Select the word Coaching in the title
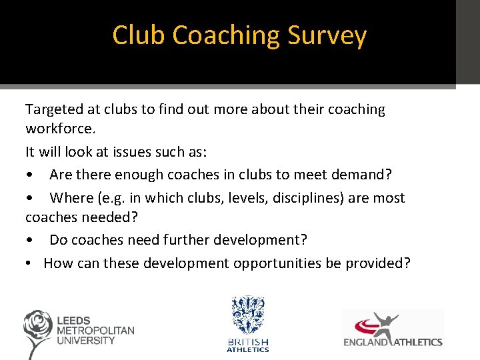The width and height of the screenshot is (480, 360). click(x=225, y=35)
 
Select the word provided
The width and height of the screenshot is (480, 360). click(x=377, y=263)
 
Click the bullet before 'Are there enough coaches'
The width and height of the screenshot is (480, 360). click(x=29, y=175)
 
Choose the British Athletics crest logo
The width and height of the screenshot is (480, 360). click(x=247, y=316)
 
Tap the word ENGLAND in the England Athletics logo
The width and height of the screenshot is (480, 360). click(x=366, y=343)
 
